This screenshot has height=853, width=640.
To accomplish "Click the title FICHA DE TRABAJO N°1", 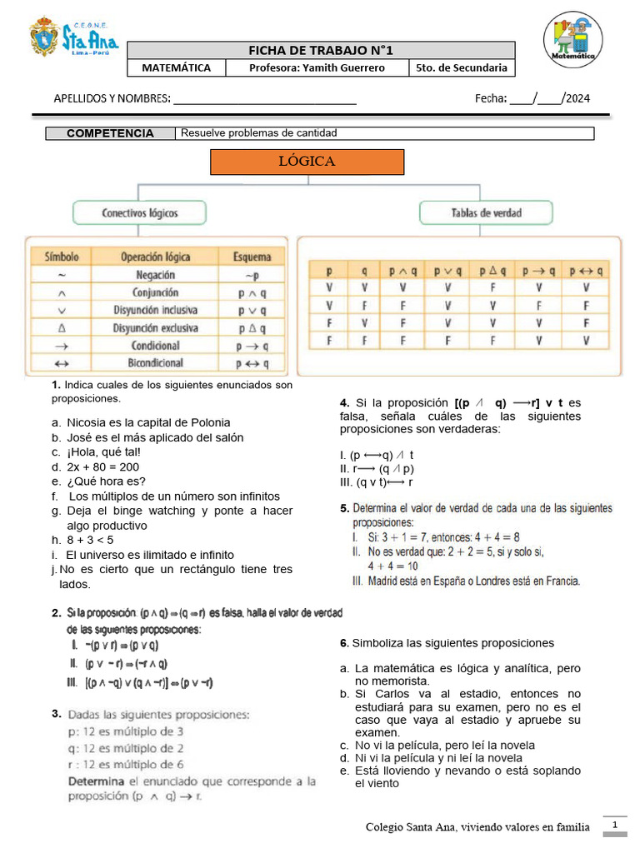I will point(320,51).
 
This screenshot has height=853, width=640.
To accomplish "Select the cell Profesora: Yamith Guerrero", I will point(317,67).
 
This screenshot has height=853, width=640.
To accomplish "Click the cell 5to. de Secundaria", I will point(461,67).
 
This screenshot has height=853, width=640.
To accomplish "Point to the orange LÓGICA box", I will point(307,162).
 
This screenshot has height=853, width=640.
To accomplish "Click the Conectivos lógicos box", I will point(140,213).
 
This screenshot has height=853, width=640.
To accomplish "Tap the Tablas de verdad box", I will point(486,213).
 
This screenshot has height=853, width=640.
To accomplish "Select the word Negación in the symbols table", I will point(155,275).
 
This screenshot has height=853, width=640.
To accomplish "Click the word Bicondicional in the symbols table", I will point(155,364).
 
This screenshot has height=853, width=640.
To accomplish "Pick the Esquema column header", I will point(251,257).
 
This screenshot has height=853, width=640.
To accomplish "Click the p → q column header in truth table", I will point(539,271).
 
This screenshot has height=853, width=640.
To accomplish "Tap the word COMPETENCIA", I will point(110,133).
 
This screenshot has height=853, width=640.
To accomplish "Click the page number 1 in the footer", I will point(614,825).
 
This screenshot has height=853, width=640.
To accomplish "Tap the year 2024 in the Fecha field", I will point(577,98).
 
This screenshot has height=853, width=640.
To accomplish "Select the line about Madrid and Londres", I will point(467,581).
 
